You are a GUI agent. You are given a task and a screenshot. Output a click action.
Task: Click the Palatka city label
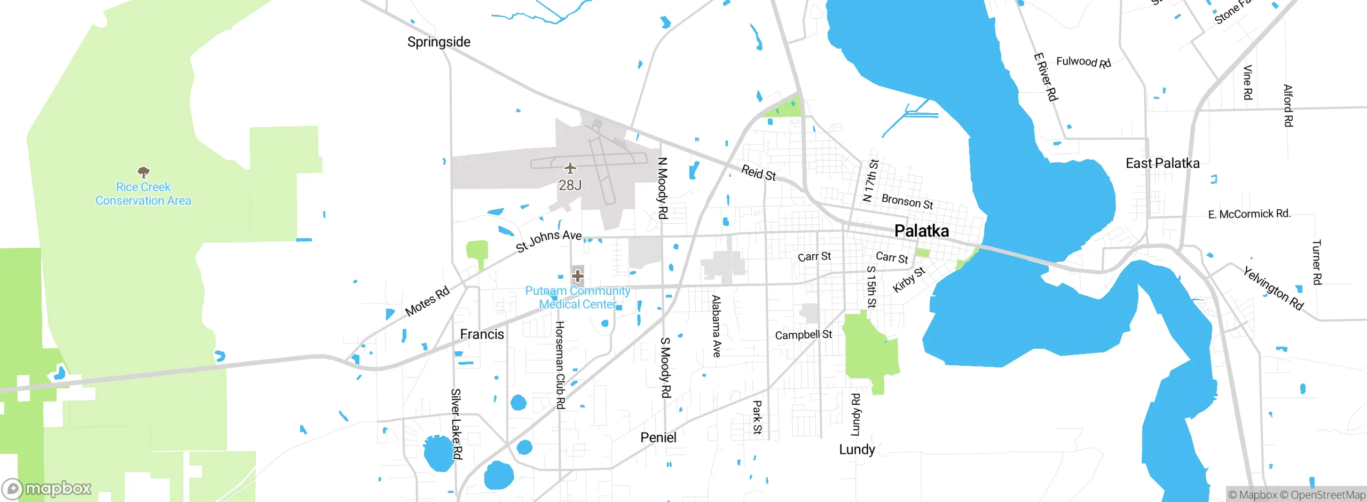tap(921, 231)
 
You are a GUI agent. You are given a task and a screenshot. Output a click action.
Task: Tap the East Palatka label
tap(1162, 163)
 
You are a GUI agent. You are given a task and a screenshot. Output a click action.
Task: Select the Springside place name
tap(438, 42)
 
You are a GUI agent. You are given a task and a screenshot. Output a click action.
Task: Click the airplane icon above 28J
tap(570, 169)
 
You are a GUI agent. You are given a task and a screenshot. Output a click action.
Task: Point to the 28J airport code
tap(570, 185)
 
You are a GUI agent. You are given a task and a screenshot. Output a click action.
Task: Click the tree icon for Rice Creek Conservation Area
tap(143, 172)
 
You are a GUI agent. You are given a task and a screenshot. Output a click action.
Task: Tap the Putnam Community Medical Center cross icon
tap(577, 276)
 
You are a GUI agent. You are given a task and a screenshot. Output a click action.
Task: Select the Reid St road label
tap(758, 172)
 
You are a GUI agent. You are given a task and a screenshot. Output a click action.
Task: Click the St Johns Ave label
tap(548, 240)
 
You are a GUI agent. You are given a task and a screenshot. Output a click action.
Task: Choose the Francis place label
tap(482, 334)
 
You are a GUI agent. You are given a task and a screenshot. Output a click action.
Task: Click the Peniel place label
tap(658, 438)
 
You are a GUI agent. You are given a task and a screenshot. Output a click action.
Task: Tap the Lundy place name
tap(857, 450)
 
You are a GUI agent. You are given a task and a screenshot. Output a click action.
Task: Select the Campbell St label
tap(803, 335)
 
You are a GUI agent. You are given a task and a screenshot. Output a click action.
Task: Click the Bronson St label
tap(907, 202)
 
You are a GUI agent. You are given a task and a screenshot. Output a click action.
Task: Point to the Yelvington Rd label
tap(1273, 288)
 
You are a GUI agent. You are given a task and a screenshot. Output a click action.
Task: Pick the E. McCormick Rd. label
tap(1249, 214)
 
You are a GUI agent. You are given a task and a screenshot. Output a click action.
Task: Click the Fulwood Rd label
tap(1083, 62)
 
